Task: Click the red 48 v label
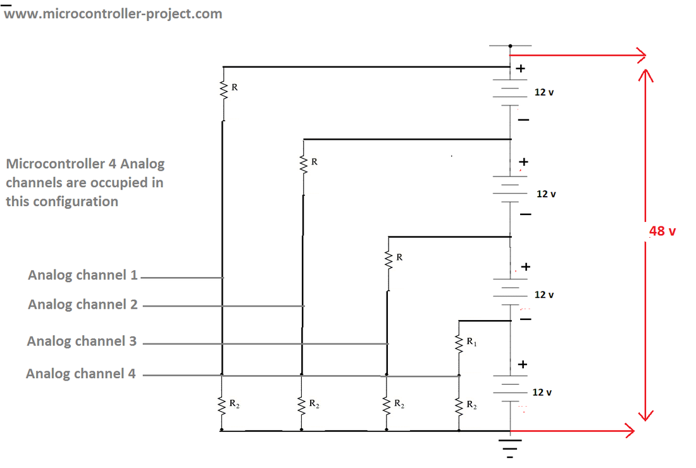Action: [662, 231]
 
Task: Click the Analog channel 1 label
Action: [82, 275]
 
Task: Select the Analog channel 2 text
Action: [82, 304]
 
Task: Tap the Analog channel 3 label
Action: [82, 341]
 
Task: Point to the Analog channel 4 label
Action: [80, 374]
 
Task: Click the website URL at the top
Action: [114, 13]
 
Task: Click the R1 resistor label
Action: [471, 342]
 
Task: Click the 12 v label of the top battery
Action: [544, 92]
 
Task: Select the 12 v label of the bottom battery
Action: [542, 392]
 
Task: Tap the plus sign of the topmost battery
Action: [520, 69]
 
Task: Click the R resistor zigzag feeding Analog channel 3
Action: [388, 259]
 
